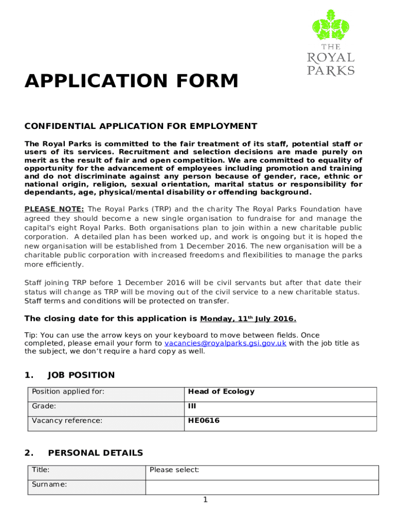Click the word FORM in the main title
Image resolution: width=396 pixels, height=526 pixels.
pos(208,81)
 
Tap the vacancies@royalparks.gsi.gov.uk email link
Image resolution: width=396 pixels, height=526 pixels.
pos(225,343)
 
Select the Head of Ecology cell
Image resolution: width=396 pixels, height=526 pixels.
pos(221,391)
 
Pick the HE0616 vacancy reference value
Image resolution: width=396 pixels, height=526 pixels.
pos(204,421)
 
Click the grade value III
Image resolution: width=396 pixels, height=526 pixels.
pos(192,406)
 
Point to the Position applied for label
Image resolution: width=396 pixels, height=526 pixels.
pos(68,391)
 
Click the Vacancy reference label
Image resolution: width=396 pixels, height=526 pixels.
pos(67,421)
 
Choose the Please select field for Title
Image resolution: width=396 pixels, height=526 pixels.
pos(174,469)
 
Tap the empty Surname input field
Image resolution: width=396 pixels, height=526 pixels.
pos(262,487)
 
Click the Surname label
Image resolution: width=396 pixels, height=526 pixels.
pos(49,484)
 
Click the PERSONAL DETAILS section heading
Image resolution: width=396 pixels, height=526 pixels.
pos(95,453)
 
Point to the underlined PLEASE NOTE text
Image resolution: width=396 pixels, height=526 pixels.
pos(54,209)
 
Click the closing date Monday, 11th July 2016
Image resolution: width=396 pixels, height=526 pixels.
pos(248,318)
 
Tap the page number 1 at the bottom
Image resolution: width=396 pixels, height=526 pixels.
pos(205,499)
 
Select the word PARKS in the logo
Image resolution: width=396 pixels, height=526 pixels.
pos(331,70)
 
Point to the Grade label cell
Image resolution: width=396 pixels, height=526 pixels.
pos(44,406)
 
